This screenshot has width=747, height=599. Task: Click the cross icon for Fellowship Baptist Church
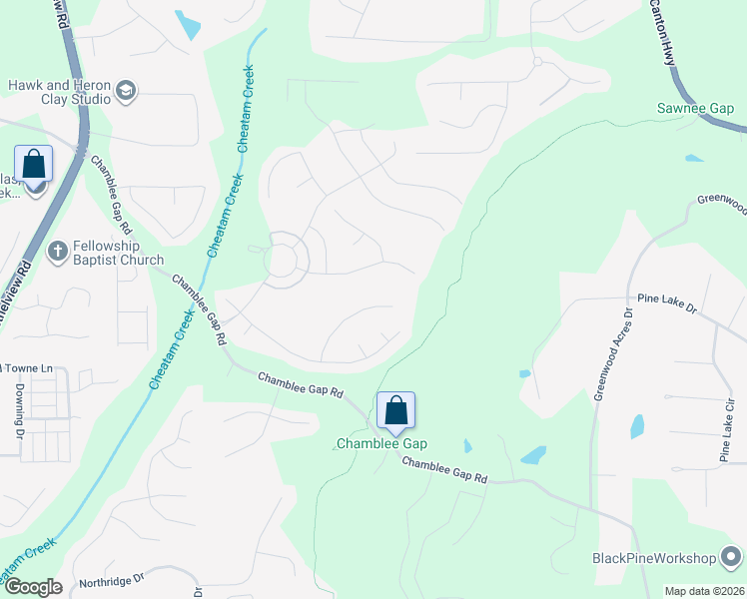59,252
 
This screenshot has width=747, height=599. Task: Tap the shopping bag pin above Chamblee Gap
395,410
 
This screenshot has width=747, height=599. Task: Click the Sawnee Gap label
694,108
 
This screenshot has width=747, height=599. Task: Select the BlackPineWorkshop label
655,558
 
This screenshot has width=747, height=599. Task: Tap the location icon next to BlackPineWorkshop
732,557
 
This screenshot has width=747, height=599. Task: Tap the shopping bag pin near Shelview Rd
34,165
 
